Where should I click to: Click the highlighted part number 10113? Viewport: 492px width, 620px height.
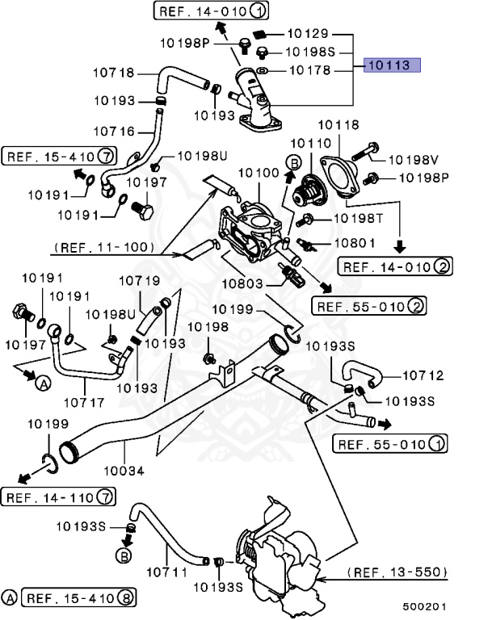[392, 65]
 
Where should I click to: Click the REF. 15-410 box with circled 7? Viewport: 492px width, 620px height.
[61, 155]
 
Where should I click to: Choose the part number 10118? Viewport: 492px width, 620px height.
[339, 125]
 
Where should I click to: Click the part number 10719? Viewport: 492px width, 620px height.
[140, 281]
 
